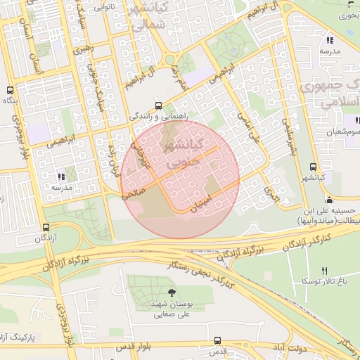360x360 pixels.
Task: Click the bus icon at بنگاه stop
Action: click(10, 91)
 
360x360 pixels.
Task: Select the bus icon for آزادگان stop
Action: click(46, 227)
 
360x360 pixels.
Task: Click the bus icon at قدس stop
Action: click(217, 340)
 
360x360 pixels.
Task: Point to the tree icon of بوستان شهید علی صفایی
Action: click(172, 293)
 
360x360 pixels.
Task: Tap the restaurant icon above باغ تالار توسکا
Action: click(324, 271)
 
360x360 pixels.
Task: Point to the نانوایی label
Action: click(103, 6)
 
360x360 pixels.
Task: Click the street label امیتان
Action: click(201, 203)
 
